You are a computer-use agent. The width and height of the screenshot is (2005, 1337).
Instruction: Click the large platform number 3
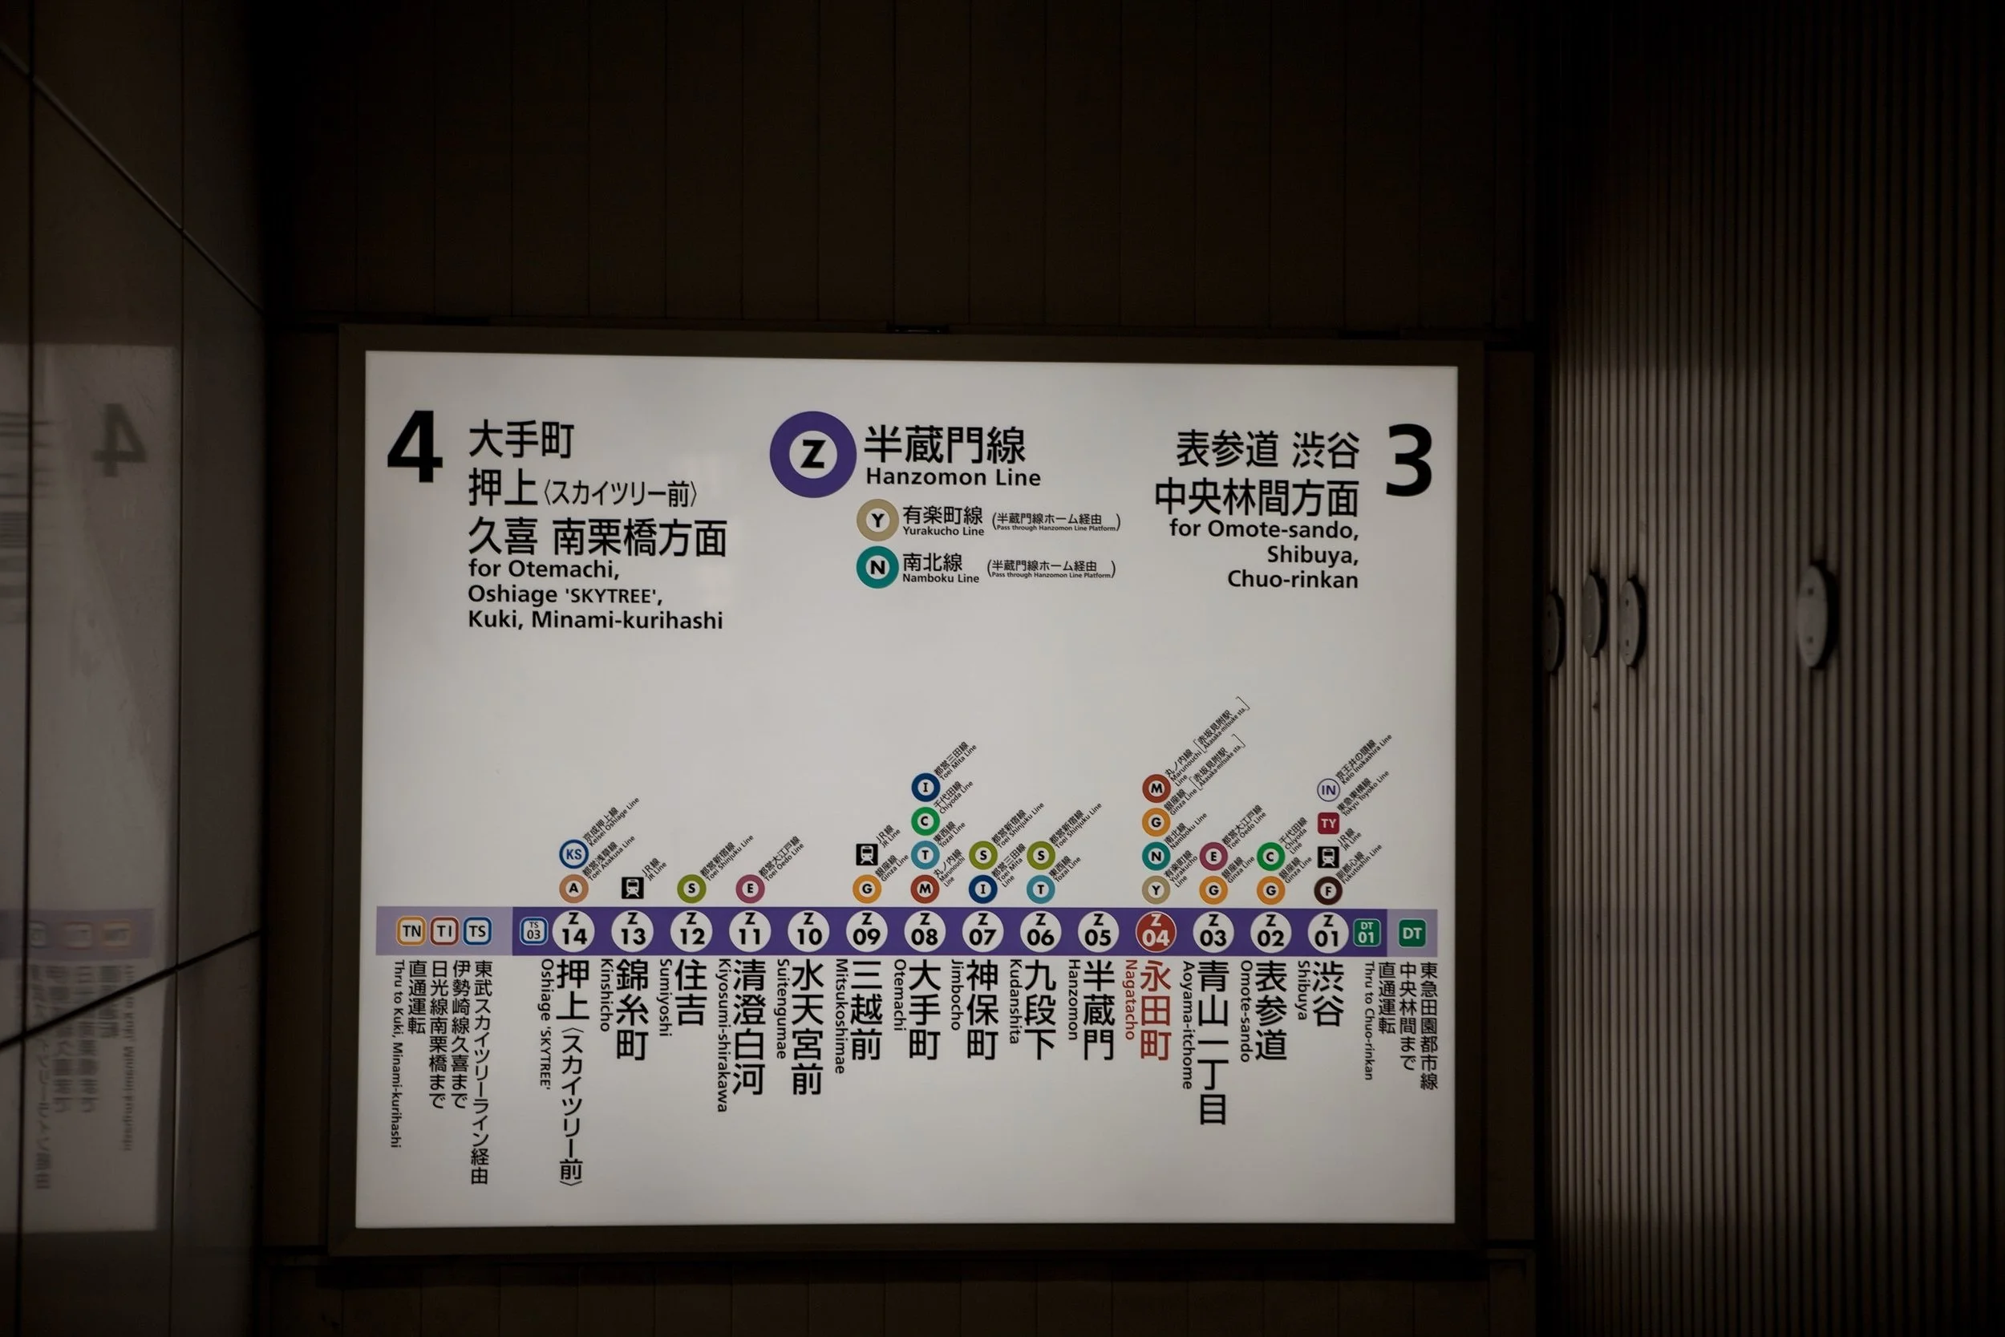pos(1408,460)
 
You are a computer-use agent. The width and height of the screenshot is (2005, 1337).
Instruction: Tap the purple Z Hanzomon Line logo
pos(812,455)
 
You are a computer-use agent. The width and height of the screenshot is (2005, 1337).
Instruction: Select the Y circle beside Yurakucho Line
pos(877,521)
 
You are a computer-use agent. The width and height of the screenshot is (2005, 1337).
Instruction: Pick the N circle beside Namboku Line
pos(877,567)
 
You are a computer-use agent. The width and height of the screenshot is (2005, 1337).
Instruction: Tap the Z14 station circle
pos(573,931)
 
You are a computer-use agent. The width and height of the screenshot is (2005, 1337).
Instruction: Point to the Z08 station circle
pos(924,932)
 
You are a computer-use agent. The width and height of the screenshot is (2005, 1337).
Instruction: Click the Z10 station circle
pos(808,932)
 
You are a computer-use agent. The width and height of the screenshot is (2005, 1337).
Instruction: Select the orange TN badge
pos(411,931)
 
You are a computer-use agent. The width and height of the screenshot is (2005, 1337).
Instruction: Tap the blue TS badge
pos(477,931)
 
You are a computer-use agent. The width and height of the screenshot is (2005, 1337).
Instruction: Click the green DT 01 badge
pos(1367,933)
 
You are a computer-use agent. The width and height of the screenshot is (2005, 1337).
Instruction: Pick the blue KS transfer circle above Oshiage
pos(573,853)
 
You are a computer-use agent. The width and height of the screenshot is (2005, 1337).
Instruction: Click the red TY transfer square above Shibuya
pos(1328,824)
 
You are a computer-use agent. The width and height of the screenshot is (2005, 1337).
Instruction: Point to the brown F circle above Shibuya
pos(1327,891)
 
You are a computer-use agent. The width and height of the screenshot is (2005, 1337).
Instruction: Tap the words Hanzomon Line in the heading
pos(952,477)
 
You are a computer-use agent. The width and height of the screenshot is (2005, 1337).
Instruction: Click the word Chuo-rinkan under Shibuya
pos(1291,580)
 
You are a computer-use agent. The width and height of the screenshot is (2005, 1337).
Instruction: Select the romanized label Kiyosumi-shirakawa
pos(722,1035)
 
